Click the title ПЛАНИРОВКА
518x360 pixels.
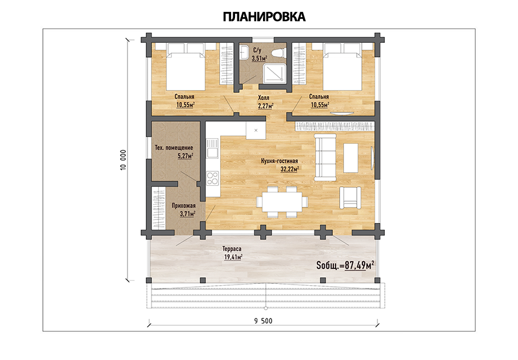point(264,17)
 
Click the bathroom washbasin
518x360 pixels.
point(244,53)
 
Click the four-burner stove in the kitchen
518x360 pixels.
point(213,178)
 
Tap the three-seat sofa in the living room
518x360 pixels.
point(326,157)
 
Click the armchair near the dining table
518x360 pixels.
point(350,198)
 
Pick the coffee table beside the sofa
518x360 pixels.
point(350,158)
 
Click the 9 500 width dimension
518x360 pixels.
point(264,321)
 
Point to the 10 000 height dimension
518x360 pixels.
point(123,160)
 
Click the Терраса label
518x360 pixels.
point(232,249)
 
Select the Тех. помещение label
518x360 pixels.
point(174,147)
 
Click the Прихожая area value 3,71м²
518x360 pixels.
point(188,214)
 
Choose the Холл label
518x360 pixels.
point(264,98)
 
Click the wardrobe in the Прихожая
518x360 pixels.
point(158,209)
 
